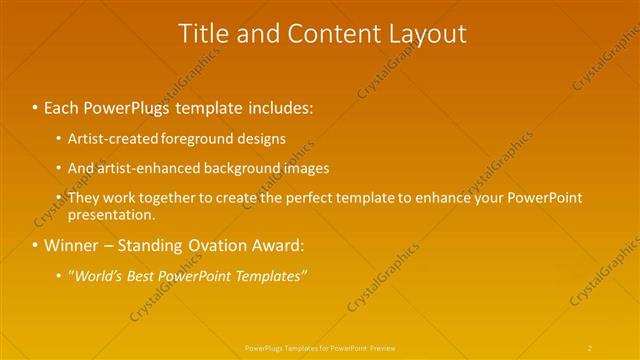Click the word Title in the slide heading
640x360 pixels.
coord(202,34)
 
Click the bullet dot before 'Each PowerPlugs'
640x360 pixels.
coord(35,105)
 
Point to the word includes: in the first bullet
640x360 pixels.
coord(283,105)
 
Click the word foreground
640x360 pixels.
coord(198,138)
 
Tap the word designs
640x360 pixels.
coord(261,138)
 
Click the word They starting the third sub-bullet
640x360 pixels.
coord(83,198)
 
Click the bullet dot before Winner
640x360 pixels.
coord(35,245)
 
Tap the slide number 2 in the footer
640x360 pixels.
coord(590,347)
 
